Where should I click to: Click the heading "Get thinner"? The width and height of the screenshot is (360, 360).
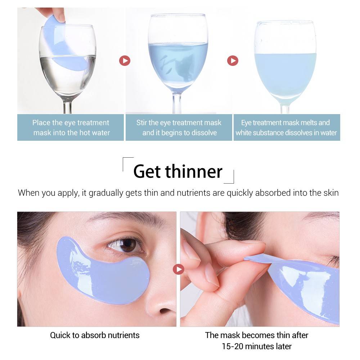coord(178,171)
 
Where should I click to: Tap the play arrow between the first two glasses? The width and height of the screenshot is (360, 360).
coord(125,60)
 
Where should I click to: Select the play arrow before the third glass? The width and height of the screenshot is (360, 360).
coord(233,60)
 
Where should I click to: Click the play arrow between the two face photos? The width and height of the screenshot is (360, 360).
coord(178,269)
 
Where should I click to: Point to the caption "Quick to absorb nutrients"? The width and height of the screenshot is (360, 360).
coord(95,335)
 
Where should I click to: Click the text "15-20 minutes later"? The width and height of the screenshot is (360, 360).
coord(256,347)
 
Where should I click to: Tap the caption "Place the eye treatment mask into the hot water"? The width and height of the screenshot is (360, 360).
coord(71,127)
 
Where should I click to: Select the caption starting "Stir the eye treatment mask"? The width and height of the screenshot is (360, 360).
coord(179,127)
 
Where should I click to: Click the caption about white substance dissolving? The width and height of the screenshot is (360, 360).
coord(286,127)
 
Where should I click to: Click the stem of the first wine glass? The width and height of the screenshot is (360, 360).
coord(68,107)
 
